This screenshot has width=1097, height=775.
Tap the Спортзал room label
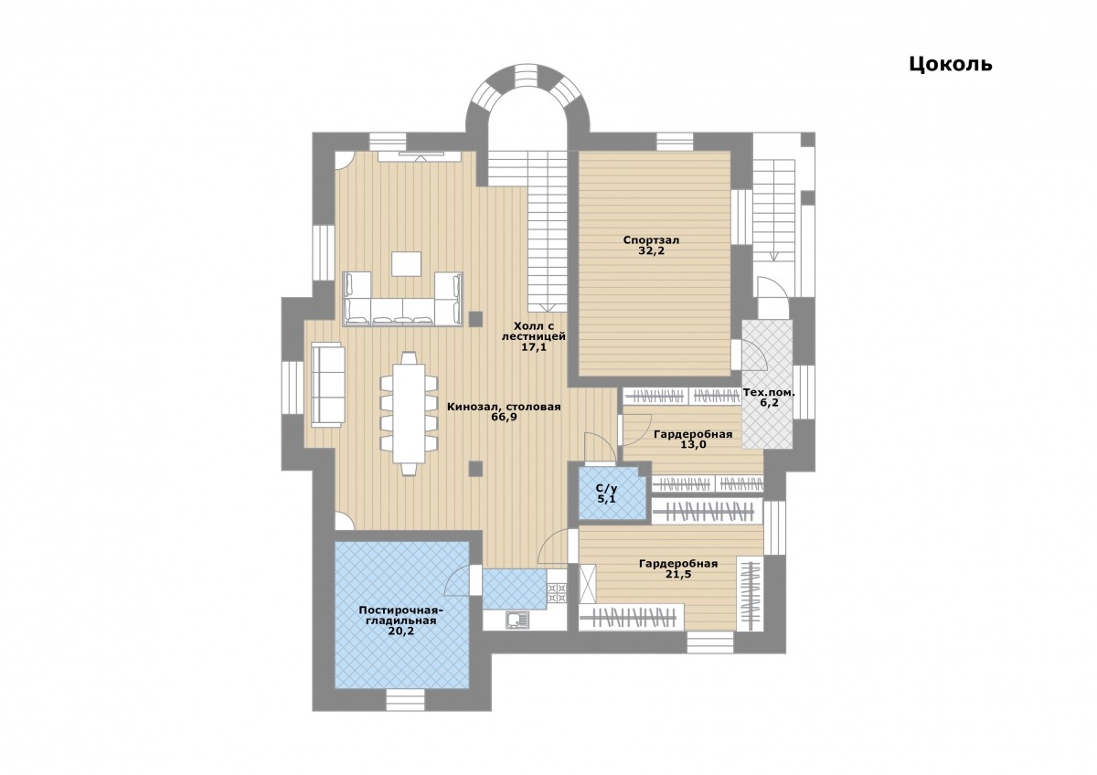(x=651, y=240)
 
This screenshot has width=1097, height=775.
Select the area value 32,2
(x=651, y=251)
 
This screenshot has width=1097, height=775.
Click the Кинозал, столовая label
(x=504, y=407)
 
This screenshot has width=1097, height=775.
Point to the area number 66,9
(x=504, y=417)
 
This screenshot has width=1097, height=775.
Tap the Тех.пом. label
(x=769, y=393)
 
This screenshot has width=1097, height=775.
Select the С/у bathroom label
(x=606, y=489)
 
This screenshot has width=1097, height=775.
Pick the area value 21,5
(x=678, y=574)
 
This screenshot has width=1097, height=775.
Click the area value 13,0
(x=693, y=445)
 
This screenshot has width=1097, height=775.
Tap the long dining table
(x=409, y=413)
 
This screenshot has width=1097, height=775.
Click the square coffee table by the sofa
(x=406, y=264)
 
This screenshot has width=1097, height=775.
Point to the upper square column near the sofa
(x=475, y=319)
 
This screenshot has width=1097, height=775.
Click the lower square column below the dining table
(x=475, y=469)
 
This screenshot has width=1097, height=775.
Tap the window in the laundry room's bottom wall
(x=405, y=700)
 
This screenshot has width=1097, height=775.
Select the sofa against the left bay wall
(x=328, y=386)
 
